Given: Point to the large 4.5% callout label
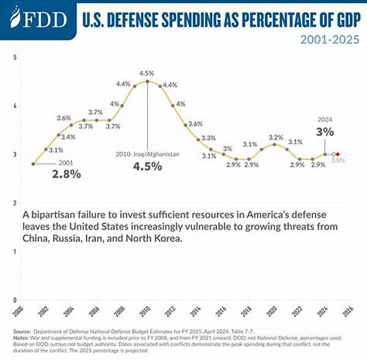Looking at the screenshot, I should [147, 167].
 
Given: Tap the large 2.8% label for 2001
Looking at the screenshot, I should [65, 174].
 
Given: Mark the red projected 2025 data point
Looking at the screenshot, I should [338, 154].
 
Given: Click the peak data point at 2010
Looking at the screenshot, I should [147, 81].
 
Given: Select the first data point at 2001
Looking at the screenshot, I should [34, 164].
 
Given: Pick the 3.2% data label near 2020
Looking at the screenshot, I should [275, 137].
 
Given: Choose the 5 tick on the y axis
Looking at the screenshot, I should [14, 57].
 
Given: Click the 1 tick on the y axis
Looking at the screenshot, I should [14, 252].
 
